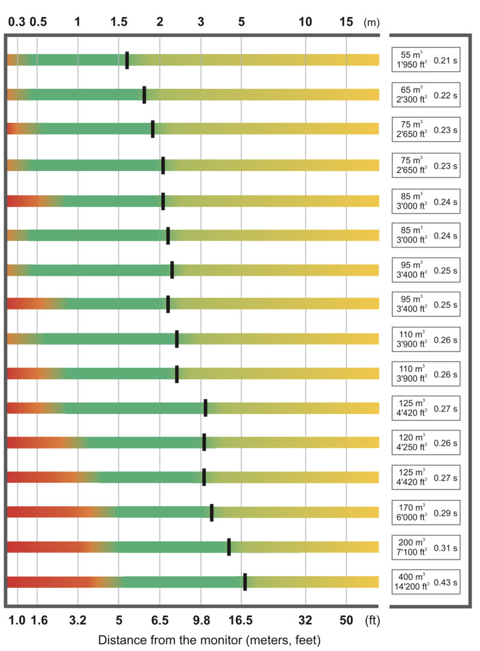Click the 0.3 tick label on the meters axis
(17, 22)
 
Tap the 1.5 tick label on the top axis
(119, 22)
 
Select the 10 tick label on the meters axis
(306, 22)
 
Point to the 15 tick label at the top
(346, 22)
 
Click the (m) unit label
(372, 22)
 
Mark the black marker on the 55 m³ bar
(127, 60)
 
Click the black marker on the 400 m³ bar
(245, 582)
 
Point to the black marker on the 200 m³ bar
(229, 547)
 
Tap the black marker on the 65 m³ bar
(144, 95)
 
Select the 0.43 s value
(446, 583)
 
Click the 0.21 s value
(446, 60)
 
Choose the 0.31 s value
(446, 548)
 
